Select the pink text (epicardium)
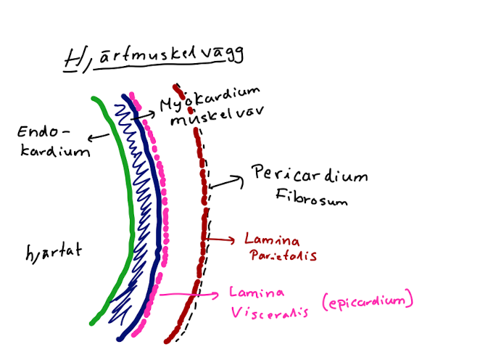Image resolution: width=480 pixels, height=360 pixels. (370, 299)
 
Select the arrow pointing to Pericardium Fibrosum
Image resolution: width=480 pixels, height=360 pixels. (227, 181)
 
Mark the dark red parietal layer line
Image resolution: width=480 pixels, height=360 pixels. (201, 218)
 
